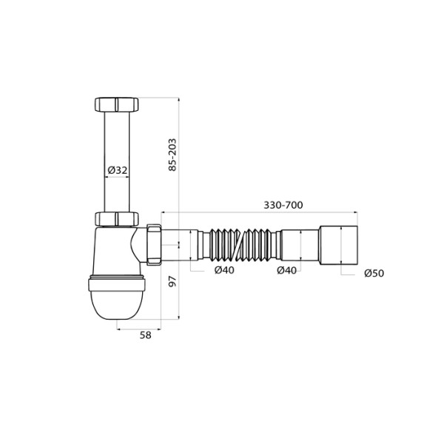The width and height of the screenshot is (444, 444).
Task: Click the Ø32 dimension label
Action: tap(118, 170)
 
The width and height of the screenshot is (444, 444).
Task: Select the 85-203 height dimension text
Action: tap(172, 153)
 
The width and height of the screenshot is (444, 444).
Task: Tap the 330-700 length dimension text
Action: tap(283, 205)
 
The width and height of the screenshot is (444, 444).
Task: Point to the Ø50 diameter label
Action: tap(374, 273)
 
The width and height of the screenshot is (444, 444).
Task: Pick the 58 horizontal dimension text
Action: tap(145, 334)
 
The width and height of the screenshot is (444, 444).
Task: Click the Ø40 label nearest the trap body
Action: tap(224, 270)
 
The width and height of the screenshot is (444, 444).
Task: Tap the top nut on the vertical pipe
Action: tap(118, 104)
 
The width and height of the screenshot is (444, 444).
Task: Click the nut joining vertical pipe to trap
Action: tap(118, 219)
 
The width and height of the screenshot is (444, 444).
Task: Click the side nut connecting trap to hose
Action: tap(155, 243)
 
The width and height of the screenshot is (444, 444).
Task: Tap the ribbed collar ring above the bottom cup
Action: tap(118, 282)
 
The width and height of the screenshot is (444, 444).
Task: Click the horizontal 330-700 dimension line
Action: tap(222, 213)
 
